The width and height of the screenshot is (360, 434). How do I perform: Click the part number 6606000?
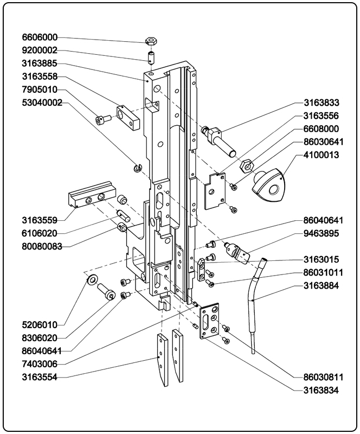[40, 38]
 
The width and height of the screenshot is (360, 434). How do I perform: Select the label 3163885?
[40, 63]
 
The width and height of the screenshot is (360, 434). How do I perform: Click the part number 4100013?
[321, 155]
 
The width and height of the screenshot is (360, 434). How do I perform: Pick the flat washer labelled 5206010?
[93, 279]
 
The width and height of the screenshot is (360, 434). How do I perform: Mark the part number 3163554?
[40, 376]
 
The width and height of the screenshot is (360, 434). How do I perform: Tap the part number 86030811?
[321, 376]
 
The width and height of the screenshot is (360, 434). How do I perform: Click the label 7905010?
[40, 90]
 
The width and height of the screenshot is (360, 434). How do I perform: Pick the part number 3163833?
[321, 103]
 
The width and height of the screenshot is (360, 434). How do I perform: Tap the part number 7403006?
[40, 363]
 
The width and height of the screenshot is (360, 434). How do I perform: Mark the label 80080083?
[42, 246]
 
